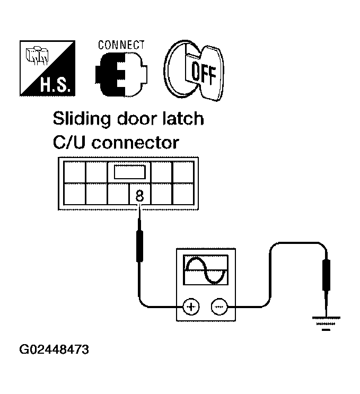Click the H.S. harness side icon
(x=47, y=69)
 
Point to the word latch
(x=181, y=118)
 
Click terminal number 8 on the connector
(x=139, y=194)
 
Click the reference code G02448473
(x=55, y=351)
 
